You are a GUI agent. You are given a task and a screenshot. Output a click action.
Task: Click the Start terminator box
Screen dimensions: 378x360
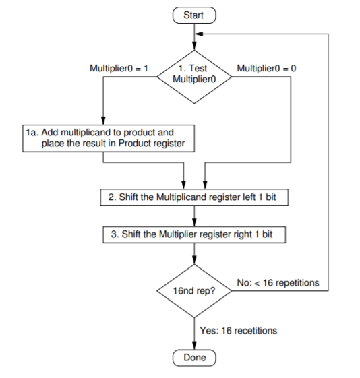[194, 13]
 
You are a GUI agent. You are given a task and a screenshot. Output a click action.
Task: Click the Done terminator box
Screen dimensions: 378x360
[194, 358]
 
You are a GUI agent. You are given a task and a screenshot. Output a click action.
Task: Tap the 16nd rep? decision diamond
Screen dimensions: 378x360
[194, 290]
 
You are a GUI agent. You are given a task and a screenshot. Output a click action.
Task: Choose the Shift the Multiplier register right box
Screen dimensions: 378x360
[194, 234]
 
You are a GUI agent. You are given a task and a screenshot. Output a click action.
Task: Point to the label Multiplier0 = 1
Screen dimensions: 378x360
[119, 68]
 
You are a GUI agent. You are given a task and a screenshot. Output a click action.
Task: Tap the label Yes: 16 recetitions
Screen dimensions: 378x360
[239, 330]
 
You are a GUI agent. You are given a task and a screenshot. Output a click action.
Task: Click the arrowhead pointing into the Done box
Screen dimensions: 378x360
[194, 346]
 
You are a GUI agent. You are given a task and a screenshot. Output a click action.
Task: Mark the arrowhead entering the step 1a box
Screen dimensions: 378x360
[102, 121]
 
